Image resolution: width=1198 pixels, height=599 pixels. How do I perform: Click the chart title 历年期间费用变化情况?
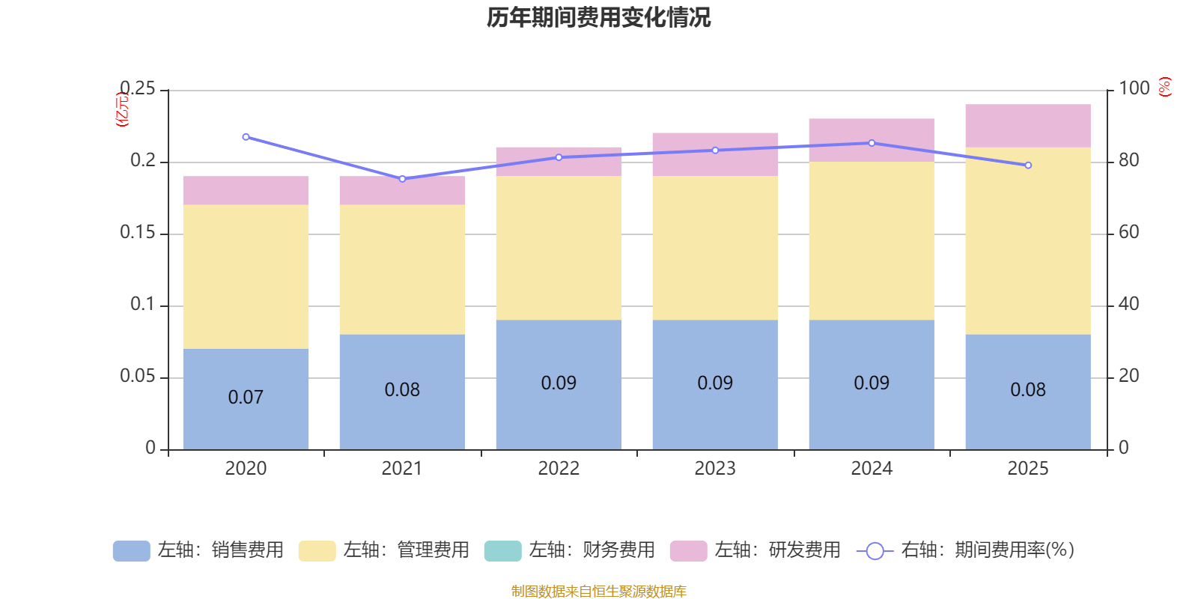[x=598, y=18]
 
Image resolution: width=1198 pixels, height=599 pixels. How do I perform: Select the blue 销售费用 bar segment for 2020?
[x=246, y=399]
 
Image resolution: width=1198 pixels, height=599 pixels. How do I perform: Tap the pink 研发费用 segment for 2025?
[x=1028, y=126]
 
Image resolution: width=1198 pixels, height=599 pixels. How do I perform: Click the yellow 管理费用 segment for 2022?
[x=559, y=248]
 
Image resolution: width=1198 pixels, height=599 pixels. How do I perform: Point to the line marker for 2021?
[x=403, y=179]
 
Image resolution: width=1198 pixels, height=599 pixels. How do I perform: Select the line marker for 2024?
[x=872, y=143]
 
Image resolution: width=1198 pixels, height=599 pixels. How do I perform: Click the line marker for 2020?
[x=246, y=137]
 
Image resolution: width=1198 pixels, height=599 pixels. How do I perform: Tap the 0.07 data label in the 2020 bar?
[x=246, y=397]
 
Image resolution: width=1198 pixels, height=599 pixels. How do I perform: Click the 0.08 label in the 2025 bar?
[x=1028, y=389]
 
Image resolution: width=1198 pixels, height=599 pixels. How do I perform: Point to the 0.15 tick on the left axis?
[x=138, y=232]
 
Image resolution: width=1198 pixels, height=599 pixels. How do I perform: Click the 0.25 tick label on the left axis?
[x=138, y=88]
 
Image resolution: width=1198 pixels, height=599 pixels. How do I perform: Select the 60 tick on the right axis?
[x=1129, y=232]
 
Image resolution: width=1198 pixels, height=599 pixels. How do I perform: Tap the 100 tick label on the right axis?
[x=1134, y=88]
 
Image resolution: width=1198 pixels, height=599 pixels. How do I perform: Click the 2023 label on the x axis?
[x=715, y=469]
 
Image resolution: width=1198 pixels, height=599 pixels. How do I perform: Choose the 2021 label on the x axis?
[x=402, y=469]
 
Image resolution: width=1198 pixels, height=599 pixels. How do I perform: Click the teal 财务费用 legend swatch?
[x=502, y=551]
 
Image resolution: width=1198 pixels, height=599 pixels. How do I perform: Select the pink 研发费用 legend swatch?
[x=688, y=551]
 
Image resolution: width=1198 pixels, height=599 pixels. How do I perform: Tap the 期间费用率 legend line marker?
[x=875, y=551]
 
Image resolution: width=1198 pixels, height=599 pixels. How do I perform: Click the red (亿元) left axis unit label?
[x=123, y=109]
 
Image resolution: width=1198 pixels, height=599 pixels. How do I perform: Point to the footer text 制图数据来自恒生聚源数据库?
[x=598, y=591]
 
